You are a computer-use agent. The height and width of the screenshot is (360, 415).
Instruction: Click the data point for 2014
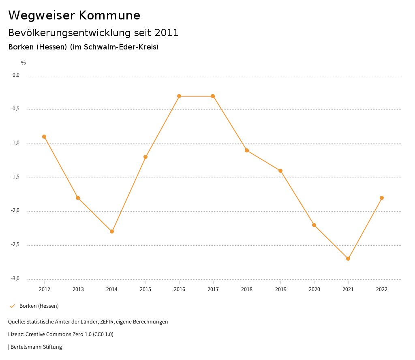pyautogui.click(x=112, y=231)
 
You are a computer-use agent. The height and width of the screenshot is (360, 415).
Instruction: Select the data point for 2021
pyautogui.click(x=348, y=259)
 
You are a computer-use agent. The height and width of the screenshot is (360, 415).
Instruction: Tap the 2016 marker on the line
pyautogui.click(x=179, y=96)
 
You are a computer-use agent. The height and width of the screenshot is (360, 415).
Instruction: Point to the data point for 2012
pyautogui.click(x=44, y=137)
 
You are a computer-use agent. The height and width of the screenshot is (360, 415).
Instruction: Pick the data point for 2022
pyautogui.click(x=382, y=198)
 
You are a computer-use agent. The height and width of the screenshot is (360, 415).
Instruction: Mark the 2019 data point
pyautogui.click(x=280, y=171)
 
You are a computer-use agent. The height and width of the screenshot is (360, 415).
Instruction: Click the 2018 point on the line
pyautogui.click(x=247, y=150)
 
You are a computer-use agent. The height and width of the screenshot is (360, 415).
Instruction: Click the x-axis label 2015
pyautogui.click(x=145, y=289)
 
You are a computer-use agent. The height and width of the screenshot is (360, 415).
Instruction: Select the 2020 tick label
pyautogui.click(x=314, y=289)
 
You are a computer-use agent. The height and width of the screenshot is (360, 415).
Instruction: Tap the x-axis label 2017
pyautogui.click(x=213, y=289)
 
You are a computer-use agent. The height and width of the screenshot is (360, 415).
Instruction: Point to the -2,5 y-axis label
pyautogui.click(x=15, y=245)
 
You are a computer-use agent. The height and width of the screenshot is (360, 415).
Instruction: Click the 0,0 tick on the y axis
pyautogui.click(x=16, y=75)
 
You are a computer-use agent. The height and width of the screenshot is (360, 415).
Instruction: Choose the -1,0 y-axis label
pyautogui.click(x=15, y=143)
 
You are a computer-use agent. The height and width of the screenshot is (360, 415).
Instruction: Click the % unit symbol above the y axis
pyautogui.click(x=24, y=63)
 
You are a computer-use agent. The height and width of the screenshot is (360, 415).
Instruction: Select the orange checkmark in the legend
pyautogui.click(x=12, y=306)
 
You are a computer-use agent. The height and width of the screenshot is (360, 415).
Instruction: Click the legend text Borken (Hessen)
pyautogui.click(x=39, y=306)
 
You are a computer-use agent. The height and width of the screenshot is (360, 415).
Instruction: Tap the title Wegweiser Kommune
pyautogui.click(x=74, y=15)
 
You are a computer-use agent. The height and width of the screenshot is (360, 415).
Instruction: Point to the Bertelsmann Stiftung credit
pyautogui.click(x=36, y=347)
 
